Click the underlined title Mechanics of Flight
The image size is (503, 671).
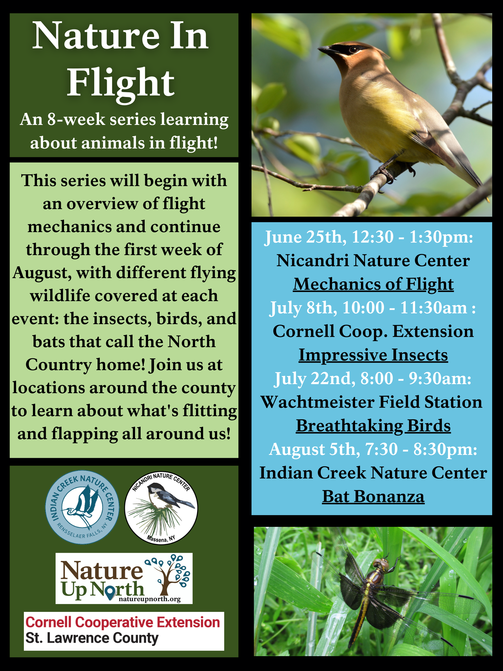pyautogui.click(x=373, y=285)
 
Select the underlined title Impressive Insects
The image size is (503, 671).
pyautogui.click(x=373, y=355)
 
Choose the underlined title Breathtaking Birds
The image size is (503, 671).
pyautogui.click(x=373, y=426)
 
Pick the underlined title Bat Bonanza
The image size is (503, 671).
pyautogui.click(x=373, y=497)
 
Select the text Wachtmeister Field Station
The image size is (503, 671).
pyautogui.click(x=371, y=402)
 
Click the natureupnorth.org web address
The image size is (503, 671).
pyautogui.click(x=150, y=599)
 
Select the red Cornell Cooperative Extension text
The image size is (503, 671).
pyautogui.click(x=123, y=622)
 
